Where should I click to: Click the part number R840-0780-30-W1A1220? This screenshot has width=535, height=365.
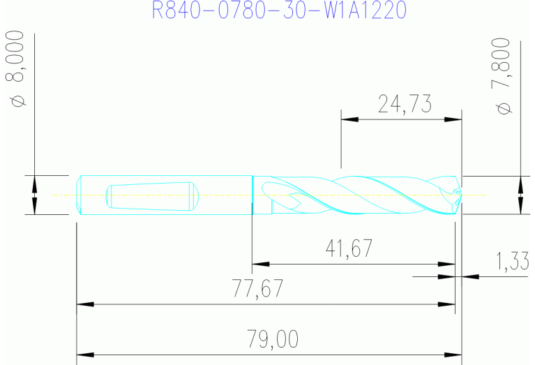(x=279, y=10)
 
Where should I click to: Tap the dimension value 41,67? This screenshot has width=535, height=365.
(x=348, y=248)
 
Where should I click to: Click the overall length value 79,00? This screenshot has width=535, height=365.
(x=273, y=339)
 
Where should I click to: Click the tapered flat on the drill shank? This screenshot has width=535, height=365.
(x=150, y=195)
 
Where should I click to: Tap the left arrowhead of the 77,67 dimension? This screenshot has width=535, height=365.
(x=84, y=304)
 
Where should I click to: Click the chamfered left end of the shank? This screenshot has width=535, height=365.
(x=80, y=195)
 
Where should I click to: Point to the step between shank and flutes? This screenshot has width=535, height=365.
(x=253, y=195)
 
